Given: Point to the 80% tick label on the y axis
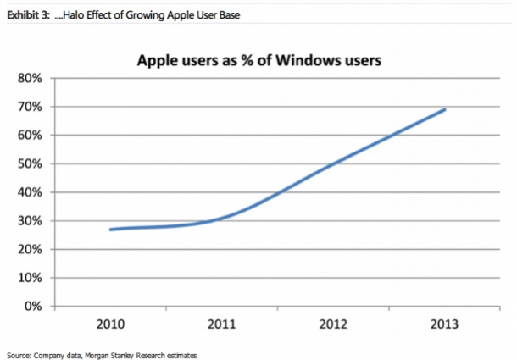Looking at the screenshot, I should pos(31,79).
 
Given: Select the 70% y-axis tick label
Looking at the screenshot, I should pos(31,107).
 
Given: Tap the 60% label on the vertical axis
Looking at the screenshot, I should pos(31,136).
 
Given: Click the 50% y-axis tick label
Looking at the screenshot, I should pos(31,163).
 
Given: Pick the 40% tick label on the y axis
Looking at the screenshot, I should pos(31,192).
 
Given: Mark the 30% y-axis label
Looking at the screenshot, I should pos(31,221).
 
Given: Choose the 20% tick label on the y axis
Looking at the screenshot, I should pos(31,249).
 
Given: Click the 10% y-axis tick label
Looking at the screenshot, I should pos(31,278).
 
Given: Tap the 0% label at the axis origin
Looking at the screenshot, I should pos(34,306).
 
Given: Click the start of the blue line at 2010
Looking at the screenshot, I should pos(110,229).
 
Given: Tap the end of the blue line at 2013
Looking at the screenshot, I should pos(446,109).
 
